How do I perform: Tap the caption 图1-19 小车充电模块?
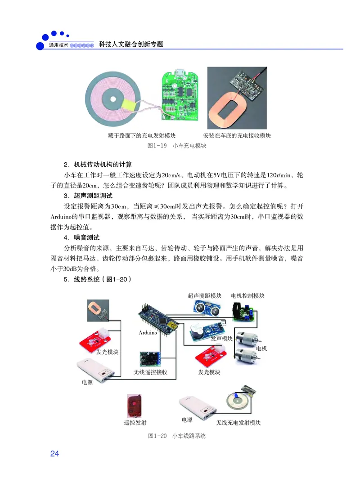pos(176,146)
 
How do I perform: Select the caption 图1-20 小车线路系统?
pos(176,436)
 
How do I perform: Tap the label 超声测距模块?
pos(204,295)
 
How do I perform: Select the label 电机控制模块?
pos(247,295)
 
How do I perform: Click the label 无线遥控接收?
pos(151,372)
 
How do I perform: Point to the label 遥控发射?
pos(135,423)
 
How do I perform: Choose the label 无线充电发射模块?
pos(238,423)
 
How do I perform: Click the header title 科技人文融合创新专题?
pos(130,45)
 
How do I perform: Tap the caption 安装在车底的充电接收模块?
pos(237,135)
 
